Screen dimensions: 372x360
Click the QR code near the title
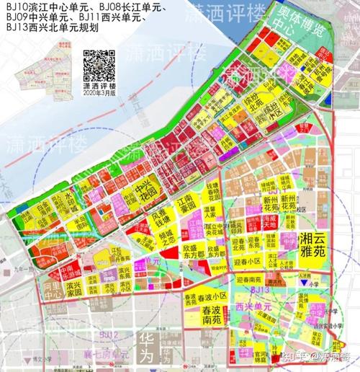click(98, 66)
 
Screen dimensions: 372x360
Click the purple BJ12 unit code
click(109, 336)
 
